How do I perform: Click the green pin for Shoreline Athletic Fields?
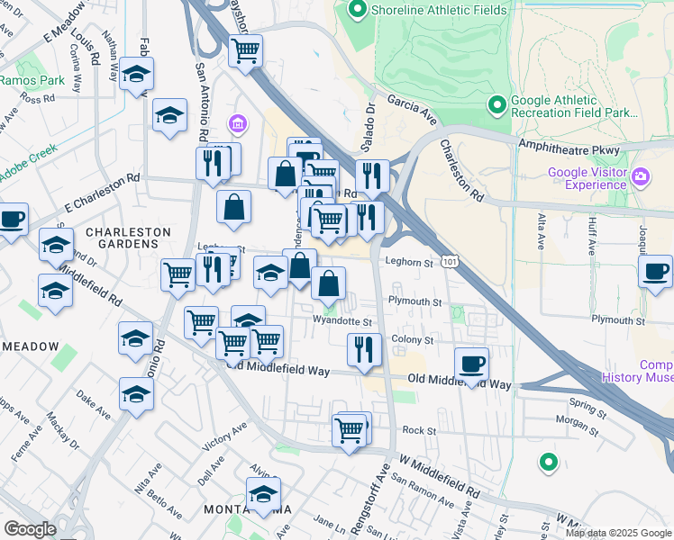point(357,11)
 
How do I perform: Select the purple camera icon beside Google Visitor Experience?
point(642,175)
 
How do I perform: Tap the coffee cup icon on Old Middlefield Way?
point(471,364)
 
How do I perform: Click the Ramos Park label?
point(32,80)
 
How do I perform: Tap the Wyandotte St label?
point(342,320)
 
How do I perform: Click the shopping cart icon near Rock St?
point(350,430)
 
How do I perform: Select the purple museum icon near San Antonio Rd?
point(239,123)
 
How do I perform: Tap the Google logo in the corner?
point(30,529)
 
